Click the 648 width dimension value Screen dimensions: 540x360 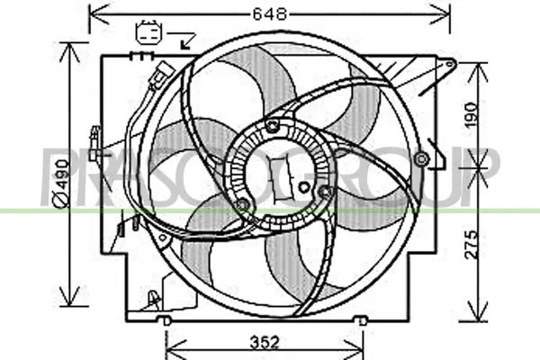click(270, 14)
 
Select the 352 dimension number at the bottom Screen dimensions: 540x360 click(265, 343)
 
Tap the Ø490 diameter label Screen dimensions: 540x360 click(62, 184)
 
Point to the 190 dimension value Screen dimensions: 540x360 click(472, 114)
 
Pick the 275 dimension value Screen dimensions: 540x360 click(472, 245)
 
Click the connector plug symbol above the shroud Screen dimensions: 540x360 click(148, 32)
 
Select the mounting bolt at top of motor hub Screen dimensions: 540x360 click(273, 126)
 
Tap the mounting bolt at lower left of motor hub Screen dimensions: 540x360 click(242, 205)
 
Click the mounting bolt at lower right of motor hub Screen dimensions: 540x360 click(324, 191)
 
